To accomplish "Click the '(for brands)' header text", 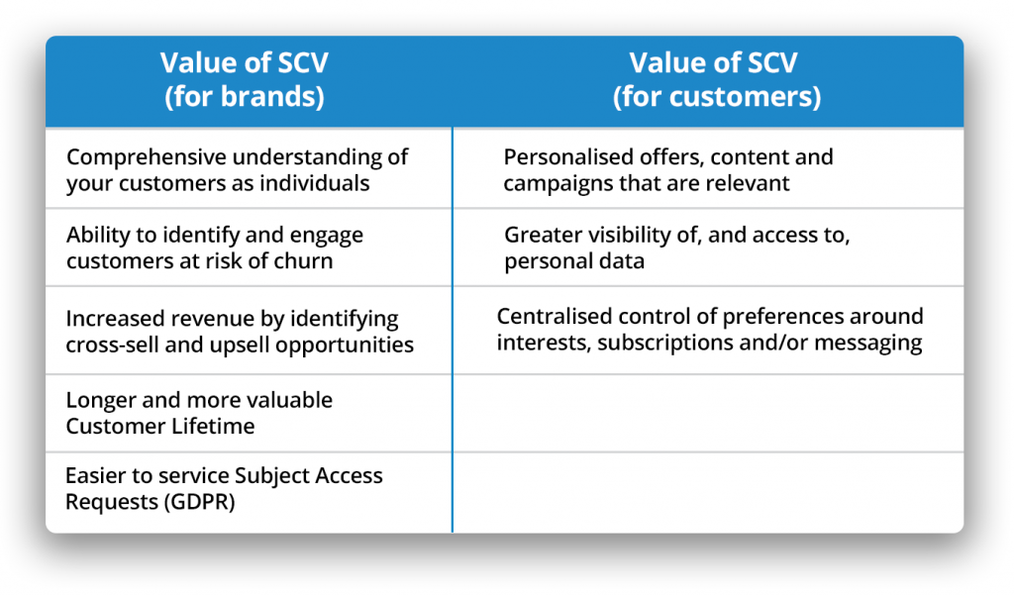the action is point(245,97).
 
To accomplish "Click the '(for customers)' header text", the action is point(717,97).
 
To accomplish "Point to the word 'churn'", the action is point(303,261).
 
